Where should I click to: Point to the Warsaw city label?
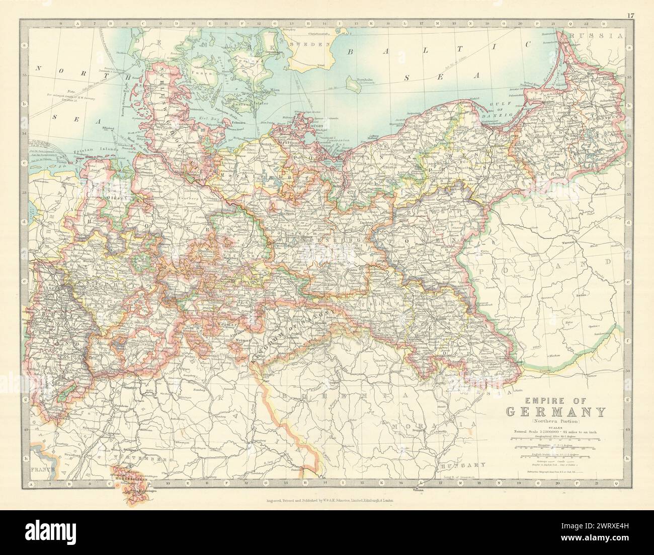pyautogui.click(x=567, y=243)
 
